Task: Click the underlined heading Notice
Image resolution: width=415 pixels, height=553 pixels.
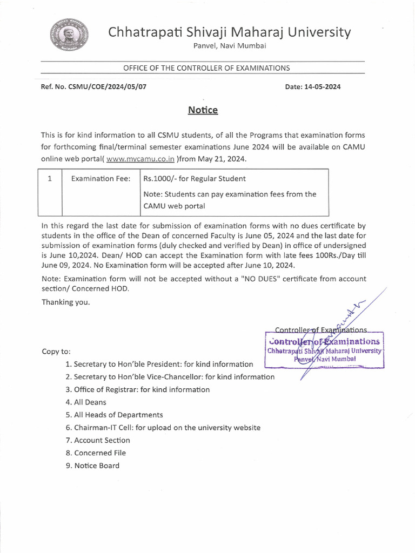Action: point(203,110)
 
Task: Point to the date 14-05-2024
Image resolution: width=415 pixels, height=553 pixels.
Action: point(323,86)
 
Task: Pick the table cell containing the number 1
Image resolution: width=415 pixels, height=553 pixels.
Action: point(49,179)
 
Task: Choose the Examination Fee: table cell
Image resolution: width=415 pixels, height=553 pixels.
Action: point(101,179)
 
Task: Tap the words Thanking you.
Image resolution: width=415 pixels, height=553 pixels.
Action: point(66,302)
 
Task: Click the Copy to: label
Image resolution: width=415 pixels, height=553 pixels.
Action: point(56,352)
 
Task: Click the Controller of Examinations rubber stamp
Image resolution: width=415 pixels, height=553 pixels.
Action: point(324,349)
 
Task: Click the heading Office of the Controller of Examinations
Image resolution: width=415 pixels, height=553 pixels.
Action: point(206,68)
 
